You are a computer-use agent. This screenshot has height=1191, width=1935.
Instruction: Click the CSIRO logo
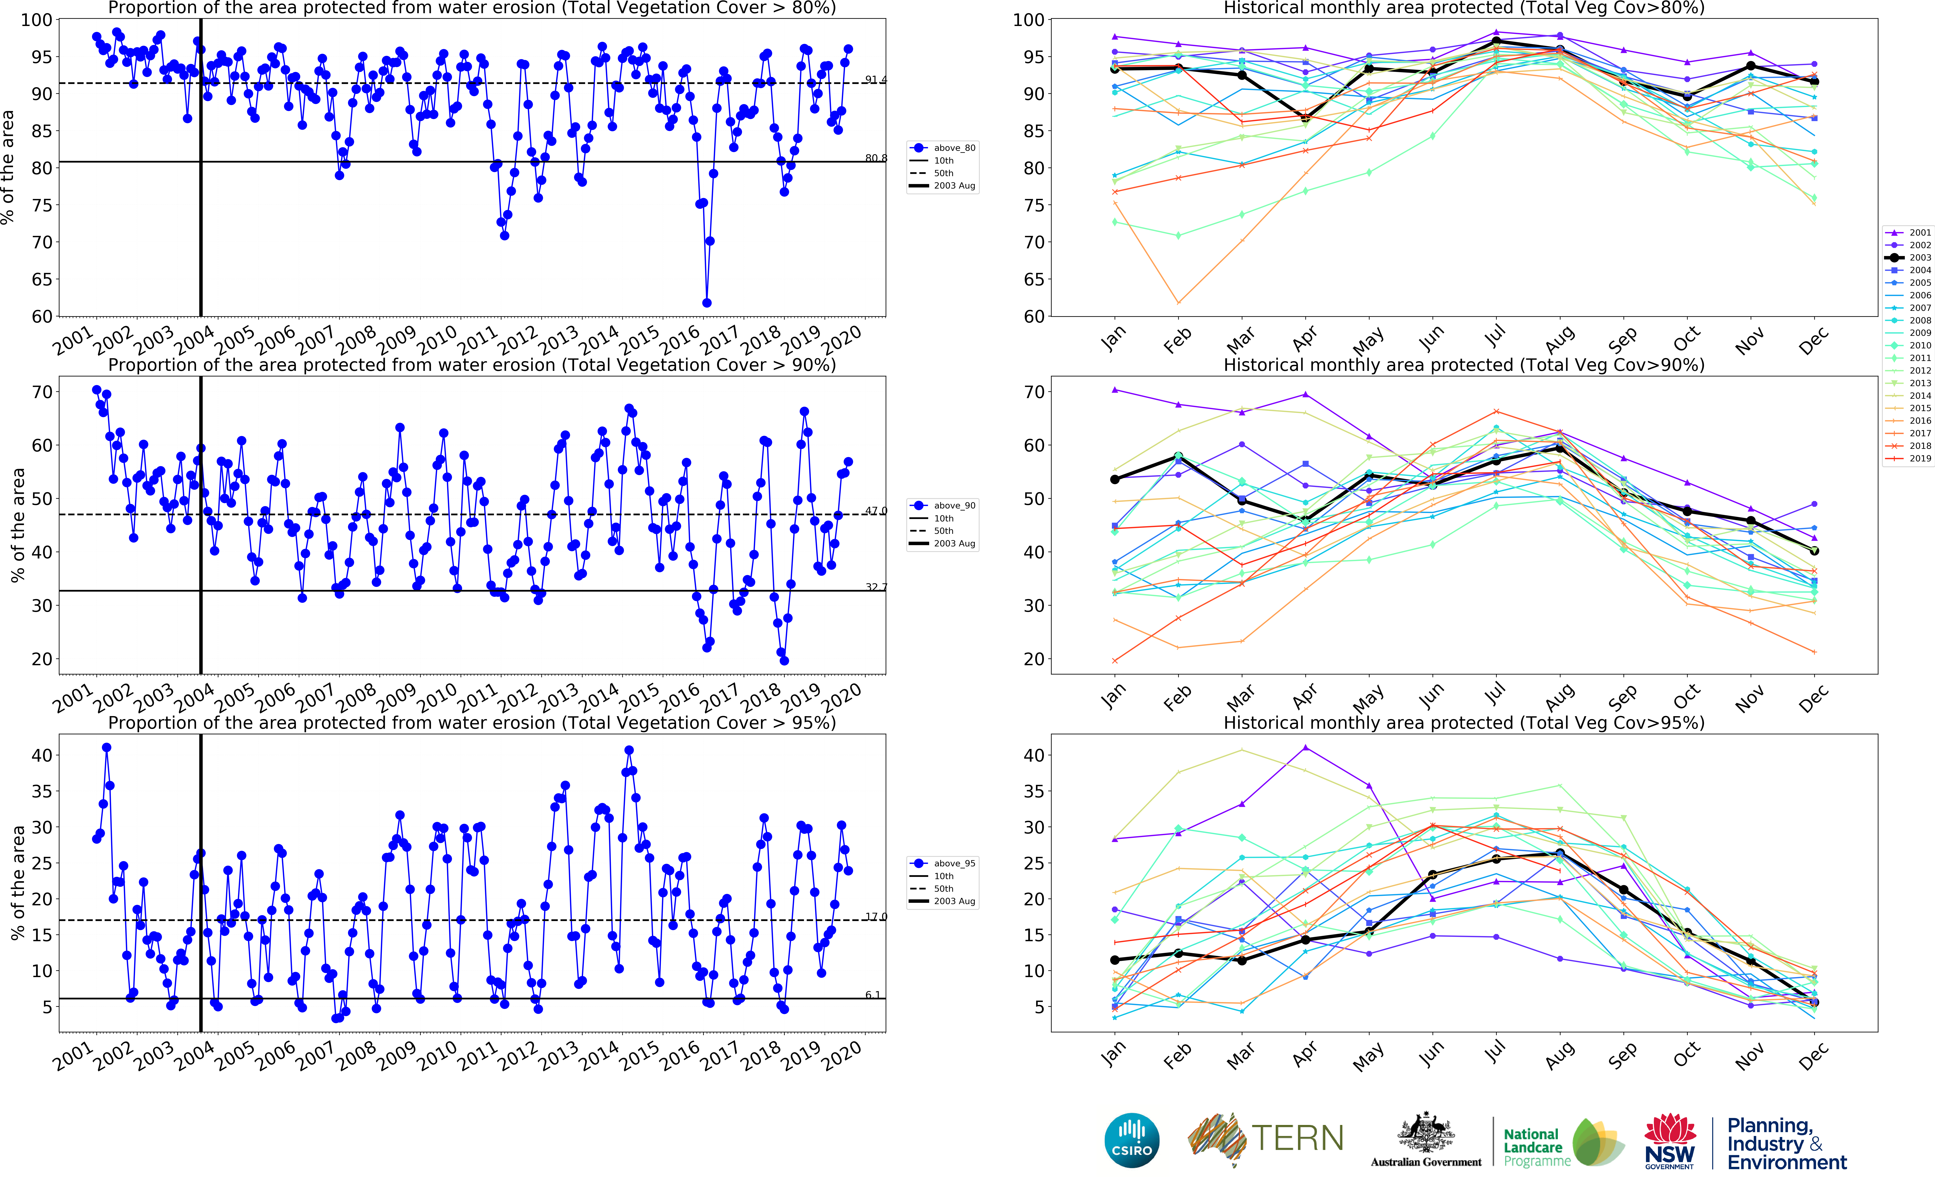pyautogui.click(x=1132, y=1140)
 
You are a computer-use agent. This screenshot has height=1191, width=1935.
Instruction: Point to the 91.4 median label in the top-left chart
pyautogui.click(x=875, y=80)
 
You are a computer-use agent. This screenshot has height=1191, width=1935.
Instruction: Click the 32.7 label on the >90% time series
pyautogui.click(x=875, y=587)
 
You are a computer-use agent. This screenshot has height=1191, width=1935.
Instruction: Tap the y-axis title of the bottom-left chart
pyautogui.click(x=17, y=882)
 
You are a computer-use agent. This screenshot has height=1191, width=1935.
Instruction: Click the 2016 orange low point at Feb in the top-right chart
pyautogui.click(x=1178, y=302)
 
